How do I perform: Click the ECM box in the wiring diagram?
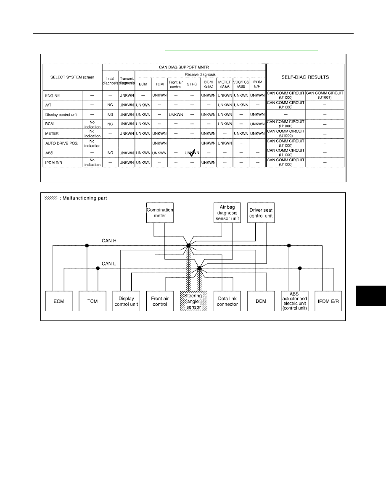coord(58,301)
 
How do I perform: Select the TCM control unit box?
coord(93,301)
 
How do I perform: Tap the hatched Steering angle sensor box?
coord(194,301)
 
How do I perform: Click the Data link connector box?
coord(227,301)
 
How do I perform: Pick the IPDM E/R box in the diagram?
coord(328,301)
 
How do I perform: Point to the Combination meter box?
coord(160,213)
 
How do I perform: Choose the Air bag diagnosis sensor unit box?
coord(227,213)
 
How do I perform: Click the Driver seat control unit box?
coord(261,213)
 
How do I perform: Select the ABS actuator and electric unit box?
coord(295,301)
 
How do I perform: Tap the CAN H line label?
coord(109,241)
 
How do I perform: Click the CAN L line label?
coord(108,263)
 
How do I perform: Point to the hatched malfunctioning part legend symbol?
coord(51,198)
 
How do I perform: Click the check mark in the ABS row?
coord(192,153)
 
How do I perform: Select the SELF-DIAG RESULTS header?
coord(305,77)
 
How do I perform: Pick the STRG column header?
coord(192,84)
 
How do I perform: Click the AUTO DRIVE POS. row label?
coord(62,143)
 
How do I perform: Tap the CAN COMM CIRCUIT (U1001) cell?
coord(325,95)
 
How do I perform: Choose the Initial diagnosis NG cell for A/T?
coord(110,105)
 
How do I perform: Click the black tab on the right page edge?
coord(371,296)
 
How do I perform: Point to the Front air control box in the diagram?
coord(160,301)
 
